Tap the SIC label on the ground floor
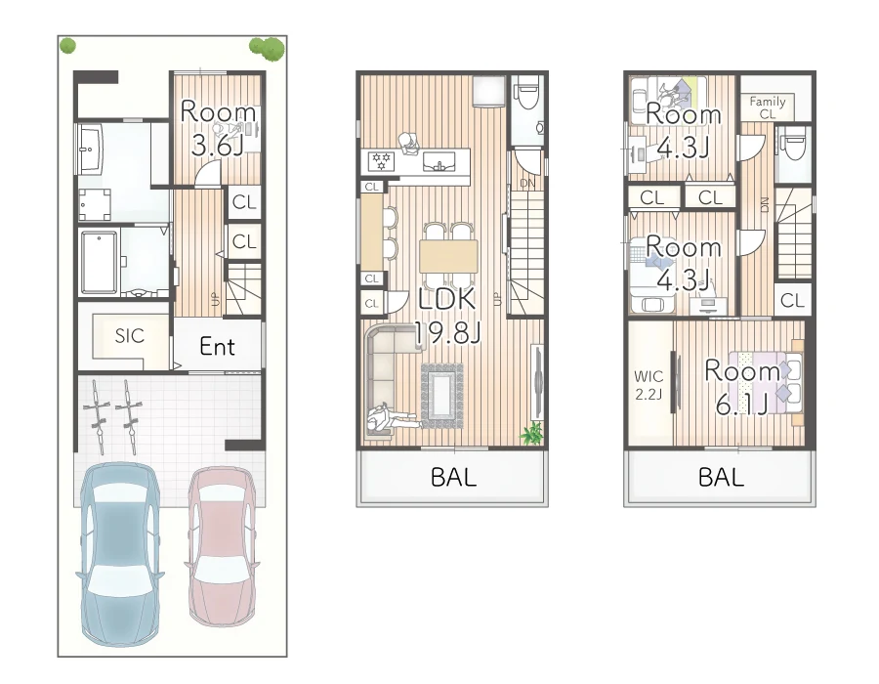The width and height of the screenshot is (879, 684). [x=129, y=336]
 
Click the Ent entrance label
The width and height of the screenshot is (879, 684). [x=217, y=346]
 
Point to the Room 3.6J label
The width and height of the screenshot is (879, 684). [x=218, y=130]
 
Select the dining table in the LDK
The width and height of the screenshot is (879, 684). [x=447, y=255]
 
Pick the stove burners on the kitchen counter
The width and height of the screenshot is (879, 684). [x=380, y=158]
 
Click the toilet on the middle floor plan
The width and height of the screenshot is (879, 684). [x=527, y=94]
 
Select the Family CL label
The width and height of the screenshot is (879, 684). [x=768, y=107]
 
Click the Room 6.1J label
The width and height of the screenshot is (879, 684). [x=742, y=386]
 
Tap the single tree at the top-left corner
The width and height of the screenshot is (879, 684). [x=67, y=45]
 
